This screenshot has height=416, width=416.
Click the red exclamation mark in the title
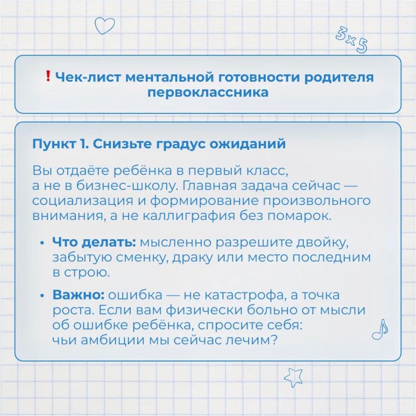48,76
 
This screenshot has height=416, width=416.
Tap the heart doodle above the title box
105,25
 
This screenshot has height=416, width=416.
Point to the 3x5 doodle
352,40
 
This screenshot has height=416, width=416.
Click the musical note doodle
380,329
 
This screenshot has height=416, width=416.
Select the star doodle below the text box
294,377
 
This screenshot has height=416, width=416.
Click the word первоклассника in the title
207,93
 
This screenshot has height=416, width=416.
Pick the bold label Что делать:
94,242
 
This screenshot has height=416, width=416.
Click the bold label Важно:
79,294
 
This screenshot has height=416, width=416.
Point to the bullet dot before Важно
42,295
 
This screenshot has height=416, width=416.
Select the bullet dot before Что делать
42,243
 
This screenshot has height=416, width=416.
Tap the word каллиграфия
189,216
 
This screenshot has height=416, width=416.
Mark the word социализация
83,201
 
